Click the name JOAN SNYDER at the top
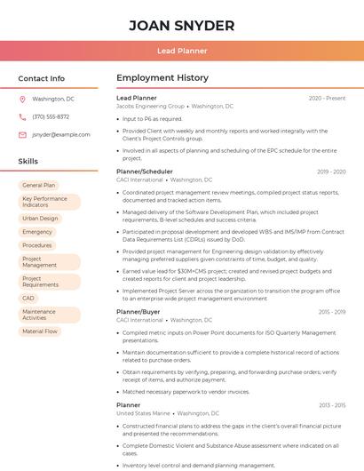click(182, 26)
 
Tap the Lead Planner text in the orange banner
click(182, 52)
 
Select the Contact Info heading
click(42, 78)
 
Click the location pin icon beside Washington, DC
click(22, 99)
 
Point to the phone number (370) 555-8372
click(51, 116)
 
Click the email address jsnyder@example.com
click(61, 134)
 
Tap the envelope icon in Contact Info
click(22, 134)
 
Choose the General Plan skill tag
click(39, 185)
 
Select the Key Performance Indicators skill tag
click(49, 202)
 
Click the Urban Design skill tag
click(41, 218)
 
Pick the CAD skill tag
click(28, 299)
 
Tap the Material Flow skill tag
click(40, 331)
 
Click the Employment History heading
click(162, 78)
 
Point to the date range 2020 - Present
click(327, 98)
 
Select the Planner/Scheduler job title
click(145, 172)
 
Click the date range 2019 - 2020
click(330, 172)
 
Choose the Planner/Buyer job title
click(138, 312)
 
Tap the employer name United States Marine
click(143, 413)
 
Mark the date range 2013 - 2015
click(332, 405)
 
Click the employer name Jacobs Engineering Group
click(151, 106)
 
